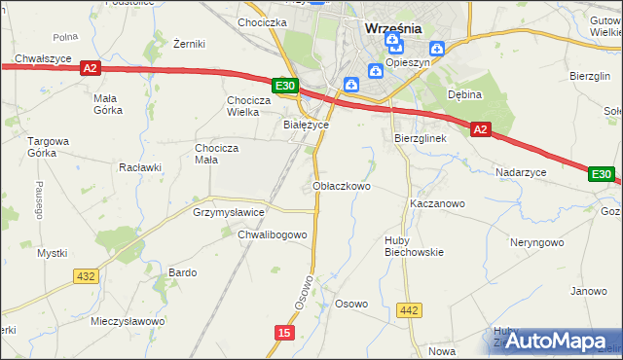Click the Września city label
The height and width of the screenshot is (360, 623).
pos(392,28)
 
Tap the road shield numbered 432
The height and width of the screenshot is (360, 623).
pos(86,276)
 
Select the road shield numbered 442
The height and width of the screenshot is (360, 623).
pos(410,310)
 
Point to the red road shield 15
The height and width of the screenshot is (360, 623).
pos(283,333)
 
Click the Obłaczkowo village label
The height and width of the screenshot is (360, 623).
pos(341,186)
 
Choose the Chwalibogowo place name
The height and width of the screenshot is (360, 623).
pos(273,234)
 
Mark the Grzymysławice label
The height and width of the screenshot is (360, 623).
pos(228,211)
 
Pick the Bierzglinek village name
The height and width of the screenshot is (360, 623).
pos(420,139)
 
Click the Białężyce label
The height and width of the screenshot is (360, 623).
pos(306,125)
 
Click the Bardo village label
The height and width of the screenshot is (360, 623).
pos(183,272)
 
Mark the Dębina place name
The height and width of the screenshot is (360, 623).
pos(465,94)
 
